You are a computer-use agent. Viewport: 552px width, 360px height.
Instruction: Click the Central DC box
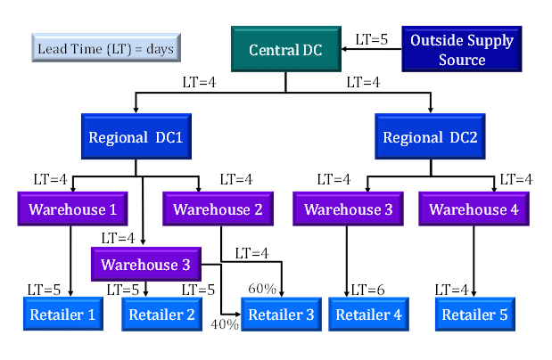click(285, 48)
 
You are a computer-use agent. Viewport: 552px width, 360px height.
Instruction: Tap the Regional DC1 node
click(136, 138)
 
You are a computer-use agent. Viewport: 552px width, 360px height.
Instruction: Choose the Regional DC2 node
click(430, 138)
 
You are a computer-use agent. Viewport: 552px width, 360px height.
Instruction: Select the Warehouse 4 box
click(474, 210)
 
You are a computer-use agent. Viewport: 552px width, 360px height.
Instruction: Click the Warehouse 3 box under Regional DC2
click(349, 210)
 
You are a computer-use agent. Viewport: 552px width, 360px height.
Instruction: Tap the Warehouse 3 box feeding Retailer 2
click(145, 264)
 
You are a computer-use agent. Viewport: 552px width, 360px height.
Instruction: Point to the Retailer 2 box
click(161, 315)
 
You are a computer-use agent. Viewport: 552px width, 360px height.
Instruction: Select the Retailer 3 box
click(281, 315)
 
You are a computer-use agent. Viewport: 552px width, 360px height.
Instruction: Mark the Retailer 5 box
click(475, 315)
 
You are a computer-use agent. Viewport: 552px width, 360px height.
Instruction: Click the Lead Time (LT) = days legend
click(105, 48)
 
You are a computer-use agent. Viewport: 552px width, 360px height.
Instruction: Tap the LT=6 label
click(369, 290)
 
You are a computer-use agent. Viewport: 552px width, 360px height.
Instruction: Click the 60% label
click(261, 290)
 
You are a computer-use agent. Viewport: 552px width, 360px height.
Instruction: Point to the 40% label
click(225, 324)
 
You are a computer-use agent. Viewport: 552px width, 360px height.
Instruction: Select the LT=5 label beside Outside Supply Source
click(372, 39)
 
